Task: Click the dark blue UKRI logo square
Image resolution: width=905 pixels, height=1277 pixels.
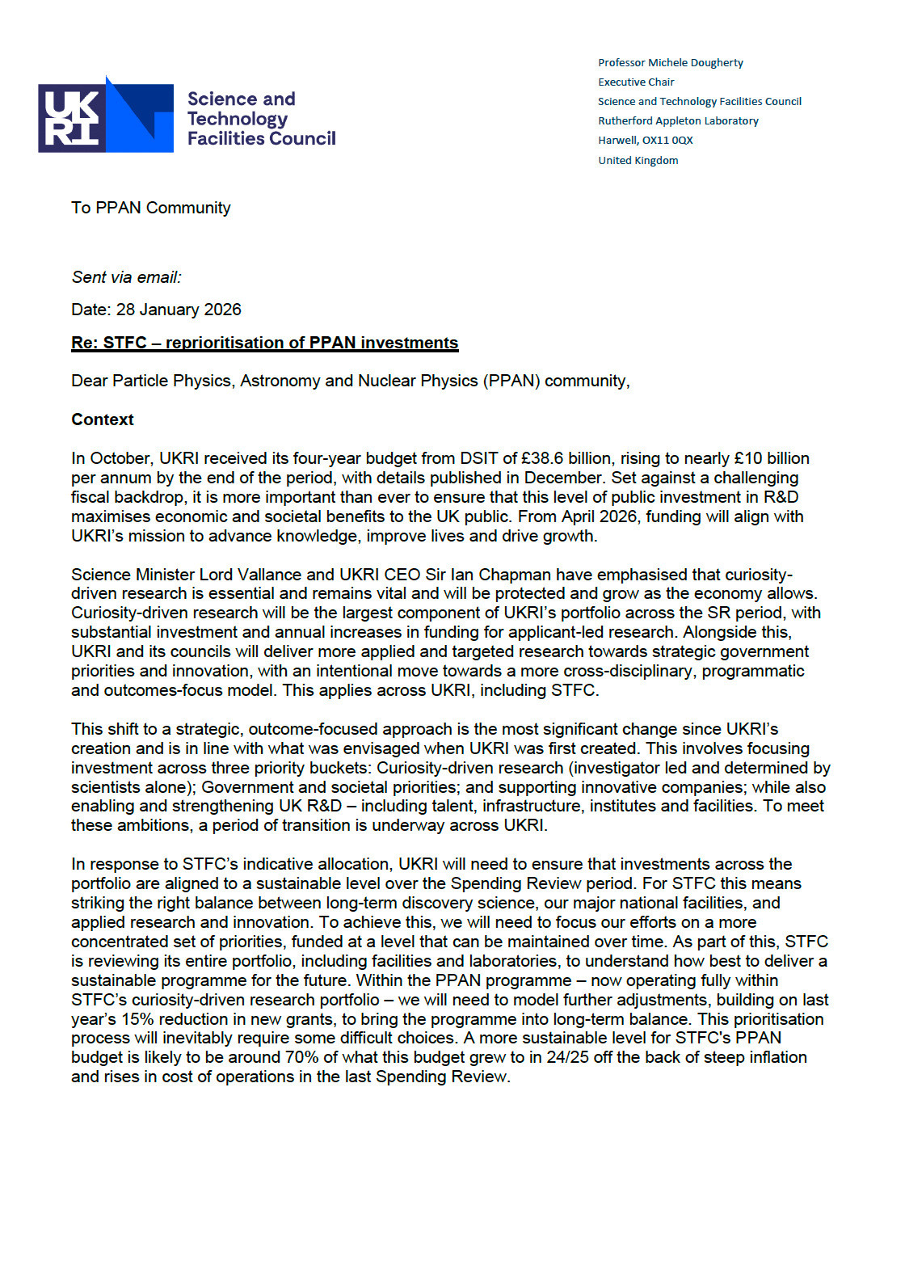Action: (71, 118)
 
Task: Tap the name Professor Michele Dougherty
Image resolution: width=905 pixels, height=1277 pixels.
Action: (670, 62)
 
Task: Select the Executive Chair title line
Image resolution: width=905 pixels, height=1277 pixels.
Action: (635, 82)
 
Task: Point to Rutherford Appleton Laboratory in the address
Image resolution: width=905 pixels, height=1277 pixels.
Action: (678, 120)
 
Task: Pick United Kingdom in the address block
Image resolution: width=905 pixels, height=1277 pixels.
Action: (638, 160)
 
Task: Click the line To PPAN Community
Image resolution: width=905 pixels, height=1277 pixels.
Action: (150, 208)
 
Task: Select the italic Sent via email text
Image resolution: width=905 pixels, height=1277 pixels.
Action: (126, 277)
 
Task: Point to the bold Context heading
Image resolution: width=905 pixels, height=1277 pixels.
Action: (102, 419)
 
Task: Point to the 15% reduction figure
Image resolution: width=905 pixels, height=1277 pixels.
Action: (138, 1019)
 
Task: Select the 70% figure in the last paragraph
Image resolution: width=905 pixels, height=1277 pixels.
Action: (301, 1057)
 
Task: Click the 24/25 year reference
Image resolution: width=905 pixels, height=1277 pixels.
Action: (567, 1057)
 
